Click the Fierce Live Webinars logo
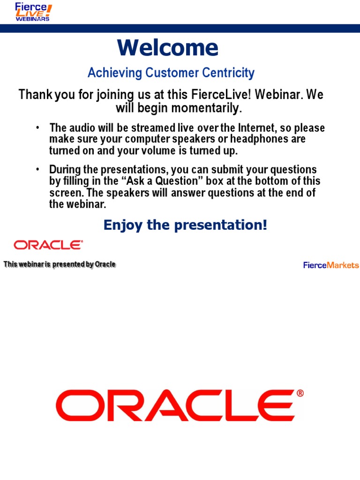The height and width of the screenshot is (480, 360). (x=33, y=12)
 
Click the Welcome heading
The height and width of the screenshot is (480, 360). (x=168, y=47)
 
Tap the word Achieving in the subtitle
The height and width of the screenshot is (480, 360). (x=115, y=73)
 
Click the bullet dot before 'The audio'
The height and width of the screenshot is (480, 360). (x=37, y=127)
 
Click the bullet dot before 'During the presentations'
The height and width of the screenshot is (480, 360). (x=37, y=169)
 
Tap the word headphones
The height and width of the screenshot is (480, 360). (x=259, y=139)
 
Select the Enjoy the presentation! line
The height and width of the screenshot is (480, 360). (x=186, y=225)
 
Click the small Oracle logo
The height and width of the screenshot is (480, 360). (x=48, y=245)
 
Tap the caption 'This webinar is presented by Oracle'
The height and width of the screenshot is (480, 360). (x=60, y=264)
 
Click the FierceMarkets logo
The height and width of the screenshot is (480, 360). (x=331, y=265)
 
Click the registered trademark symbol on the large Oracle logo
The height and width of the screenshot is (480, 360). (x=300, y=393)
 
